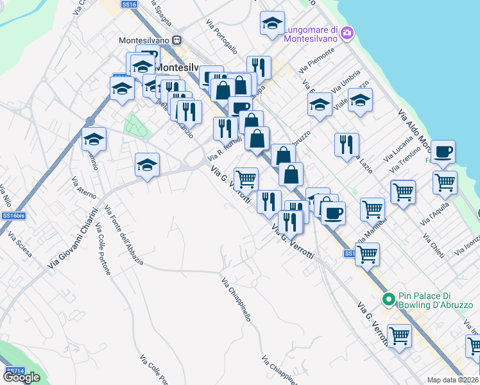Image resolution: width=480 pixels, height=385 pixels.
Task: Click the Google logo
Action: (21, 378)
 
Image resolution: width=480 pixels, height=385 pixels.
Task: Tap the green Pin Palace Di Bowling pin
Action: (388, 300)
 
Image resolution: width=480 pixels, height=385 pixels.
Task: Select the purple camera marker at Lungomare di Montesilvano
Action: (347, 33)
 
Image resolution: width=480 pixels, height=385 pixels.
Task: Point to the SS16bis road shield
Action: (13, 216)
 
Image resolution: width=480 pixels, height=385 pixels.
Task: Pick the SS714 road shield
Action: (15, 371)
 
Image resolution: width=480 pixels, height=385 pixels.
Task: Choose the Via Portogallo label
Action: (222, 37)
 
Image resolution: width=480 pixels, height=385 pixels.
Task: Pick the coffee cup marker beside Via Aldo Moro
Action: (443, 153)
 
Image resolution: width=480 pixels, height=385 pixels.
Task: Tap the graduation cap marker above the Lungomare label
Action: (272, 24)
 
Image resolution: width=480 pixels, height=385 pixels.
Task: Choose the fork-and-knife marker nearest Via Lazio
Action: (347, 145)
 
